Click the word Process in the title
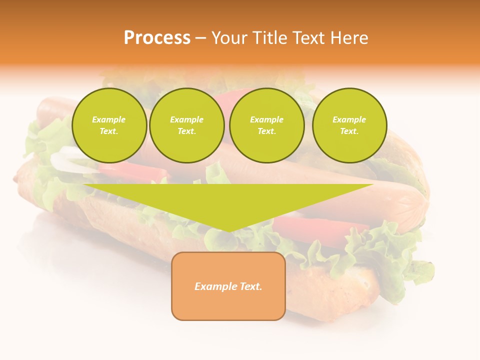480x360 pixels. [x=157, y=38]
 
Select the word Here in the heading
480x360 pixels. [x=350, y=38]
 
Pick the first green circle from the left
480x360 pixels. [x=109, y=125]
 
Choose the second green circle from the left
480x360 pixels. [x=186, y=125]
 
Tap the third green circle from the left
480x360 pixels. [x=266, y=125]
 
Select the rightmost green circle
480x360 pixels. [x=349, y=125]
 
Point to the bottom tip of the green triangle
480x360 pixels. [x=228, y=231]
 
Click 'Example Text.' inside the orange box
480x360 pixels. [x=228, y=286]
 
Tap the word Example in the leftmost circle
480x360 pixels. [x=109, y=119]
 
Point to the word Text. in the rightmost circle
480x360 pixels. [x=349, y=131]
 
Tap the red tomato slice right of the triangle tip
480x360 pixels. [x=320, y=227]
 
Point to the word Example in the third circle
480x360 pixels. [x=266, y=119]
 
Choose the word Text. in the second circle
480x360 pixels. [x=186, y=131]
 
